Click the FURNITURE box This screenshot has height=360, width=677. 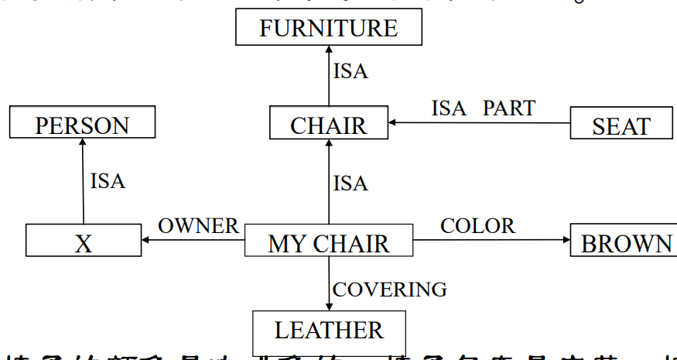coord(329,29)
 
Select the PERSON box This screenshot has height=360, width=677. coord(82,123)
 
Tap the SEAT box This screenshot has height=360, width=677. coord(621,124)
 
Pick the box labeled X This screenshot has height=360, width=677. coord(84,241)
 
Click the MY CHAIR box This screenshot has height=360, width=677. coord(329,242)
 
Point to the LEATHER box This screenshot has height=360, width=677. coord(329,331)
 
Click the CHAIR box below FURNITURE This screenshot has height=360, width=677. coord(329,124)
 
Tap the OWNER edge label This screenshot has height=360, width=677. coord(198,226)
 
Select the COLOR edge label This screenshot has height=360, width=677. coord(477,226)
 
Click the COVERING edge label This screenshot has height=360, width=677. coord(389,290)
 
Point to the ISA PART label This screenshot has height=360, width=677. coord(483,108)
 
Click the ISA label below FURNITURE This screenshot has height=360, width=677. coord(350,72)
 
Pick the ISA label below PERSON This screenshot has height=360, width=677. coord(107,181)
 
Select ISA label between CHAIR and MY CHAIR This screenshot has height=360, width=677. coord(350,183)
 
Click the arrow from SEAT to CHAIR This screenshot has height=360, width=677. coord(480,122)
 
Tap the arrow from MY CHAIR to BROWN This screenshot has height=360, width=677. coord(492,240)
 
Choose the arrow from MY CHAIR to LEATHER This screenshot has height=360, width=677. coord(329,283)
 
